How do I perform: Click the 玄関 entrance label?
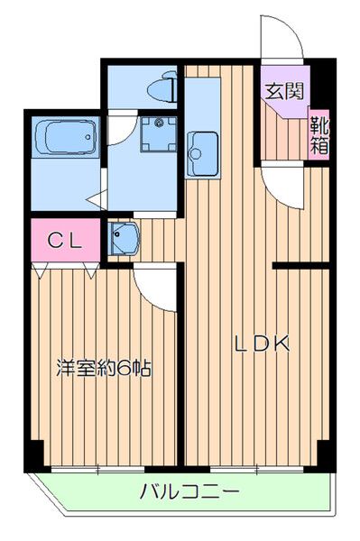(x=284, y=90)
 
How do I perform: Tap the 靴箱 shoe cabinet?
(x=318, y=133)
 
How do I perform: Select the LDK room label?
(x=262, y=344)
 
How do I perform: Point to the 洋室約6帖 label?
(x=102, y=368)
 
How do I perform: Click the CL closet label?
(x=65, y=241)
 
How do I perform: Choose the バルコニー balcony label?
(x=189, y=493)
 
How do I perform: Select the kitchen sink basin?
(x=201, y=145)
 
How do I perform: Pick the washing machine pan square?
(x=159, y=134)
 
